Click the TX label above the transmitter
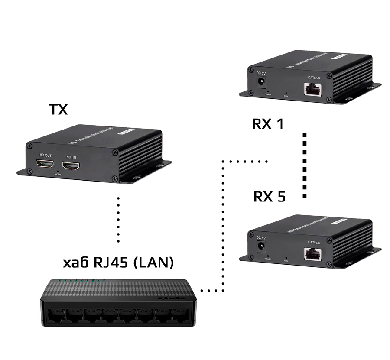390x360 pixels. [x=58, y=110]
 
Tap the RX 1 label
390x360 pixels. [x=268, y=124]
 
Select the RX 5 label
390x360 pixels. [x=269, y=197]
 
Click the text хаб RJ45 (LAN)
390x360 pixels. [x=118, y=263]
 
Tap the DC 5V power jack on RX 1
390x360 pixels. [x=261, y=82]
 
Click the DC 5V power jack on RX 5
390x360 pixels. [x=261, y=247]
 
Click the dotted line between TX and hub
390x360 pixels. [x=118, y=219]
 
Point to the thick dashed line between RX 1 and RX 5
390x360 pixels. [x=305, y=165]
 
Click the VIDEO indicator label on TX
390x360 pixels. [x=58, y=174]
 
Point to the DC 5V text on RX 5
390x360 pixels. [x=261, y=237]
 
